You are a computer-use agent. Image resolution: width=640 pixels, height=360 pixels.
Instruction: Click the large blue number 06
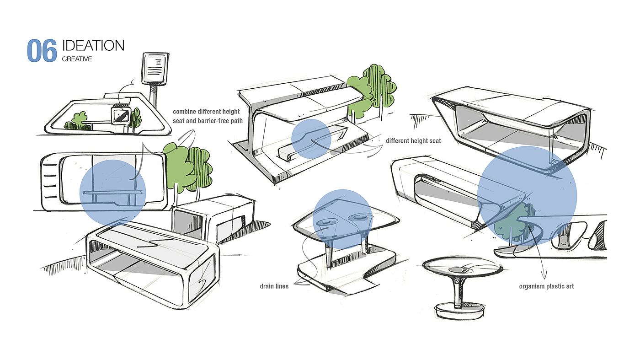pos(42,51)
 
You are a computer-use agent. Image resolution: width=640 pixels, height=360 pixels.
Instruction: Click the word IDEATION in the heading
pos(93,46)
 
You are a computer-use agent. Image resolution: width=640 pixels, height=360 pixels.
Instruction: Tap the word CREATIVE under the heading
pos(77,59)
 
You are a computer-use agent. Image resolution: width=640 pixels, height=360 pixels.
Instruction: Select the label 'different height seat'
pos(413,141)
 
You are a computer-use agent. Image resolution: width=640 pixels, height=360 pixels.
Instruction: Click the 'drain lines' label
pos(274,287)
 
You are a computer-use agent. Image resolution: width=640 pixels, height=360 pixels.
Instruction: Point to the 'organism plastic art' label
pos(546,286)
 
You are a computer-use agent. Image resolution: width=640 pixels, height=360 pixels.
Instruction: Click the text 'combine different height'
pos(209,112)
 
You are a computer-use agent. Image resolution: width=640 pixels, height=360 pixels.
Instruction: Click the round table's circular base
pos(460,311)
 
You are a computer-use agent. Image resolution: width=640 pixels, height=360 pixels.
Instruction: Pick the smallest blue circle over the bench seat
pos(311,139)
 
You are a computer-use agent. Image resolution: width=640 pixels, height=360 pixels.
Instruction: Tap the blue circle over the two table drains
pos(342,219)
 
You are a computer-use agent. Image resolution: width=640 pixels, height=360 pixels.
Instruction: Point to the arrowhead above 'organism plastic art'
pos(544,276)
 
